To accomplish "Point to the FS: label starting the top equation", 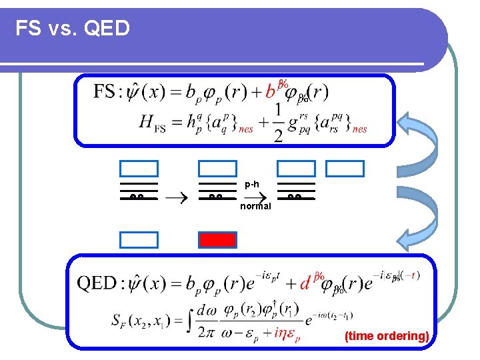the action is point(107,91).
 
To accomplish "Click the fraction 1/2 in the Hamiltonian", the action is point(277,123).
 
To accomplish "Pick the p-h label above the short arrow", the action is point(252,183).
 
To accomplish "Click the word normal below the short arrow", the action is point(255,206).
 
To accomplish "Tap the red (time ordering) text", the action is point(387,336).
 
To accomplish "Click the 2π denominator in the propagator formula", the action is point(206,330).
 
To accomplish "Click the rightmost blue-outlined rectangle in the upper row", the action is point(345,168).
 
